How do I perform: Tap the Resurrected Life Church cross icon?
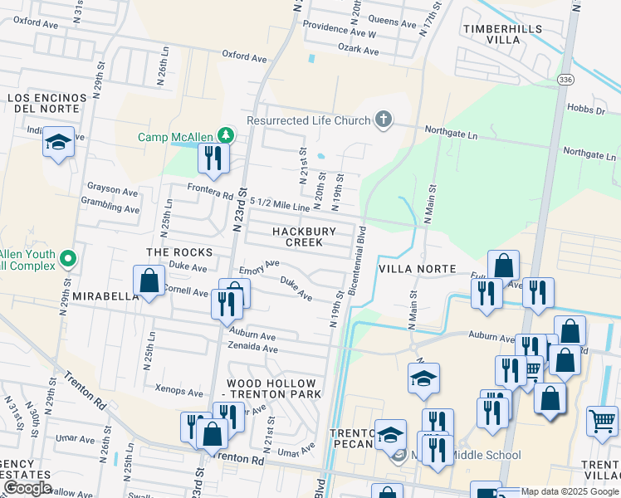(383, 120)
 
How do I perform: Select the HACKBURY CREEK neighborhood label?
(304, 237)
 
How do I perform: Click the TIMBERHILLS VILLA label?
(502, 34)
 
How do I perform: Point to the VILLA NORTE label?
(417, 269)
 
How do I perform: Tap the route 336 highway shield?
(565, 79)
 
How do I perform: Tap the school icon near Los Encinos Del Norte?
(59, 142)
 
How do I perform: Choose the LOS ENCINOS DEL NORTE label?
(47, 104)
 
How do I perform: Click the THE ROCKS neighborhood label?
(179, 251)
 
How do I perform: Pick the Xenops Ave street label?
(178, 390)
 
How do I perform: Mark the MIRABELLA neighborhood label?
(103, 295)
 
